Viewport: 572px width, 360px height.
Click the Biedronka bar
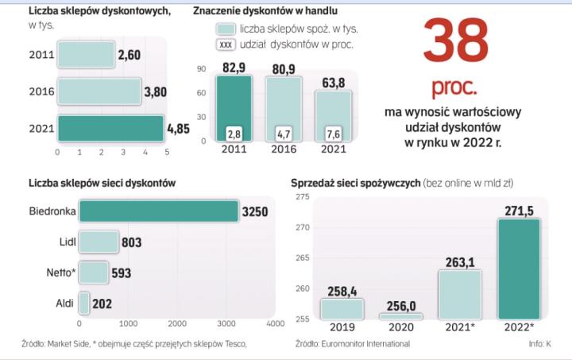(159, 211)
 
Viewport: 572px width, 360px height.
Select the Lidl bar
(99, 242)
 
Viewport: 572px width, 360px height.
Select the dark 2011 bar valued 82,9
(234, 107)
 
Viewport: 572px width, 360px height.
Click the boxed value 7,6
(334, 132)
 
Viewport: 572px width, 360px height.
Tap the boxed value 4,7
(284, 132)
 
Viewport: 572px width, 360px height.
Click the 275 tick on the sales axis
(302, 196)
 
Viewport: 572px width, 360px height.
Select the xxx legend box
(226, 45)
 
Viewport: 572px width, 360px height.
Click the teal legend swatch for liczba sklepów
(226, 29)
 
